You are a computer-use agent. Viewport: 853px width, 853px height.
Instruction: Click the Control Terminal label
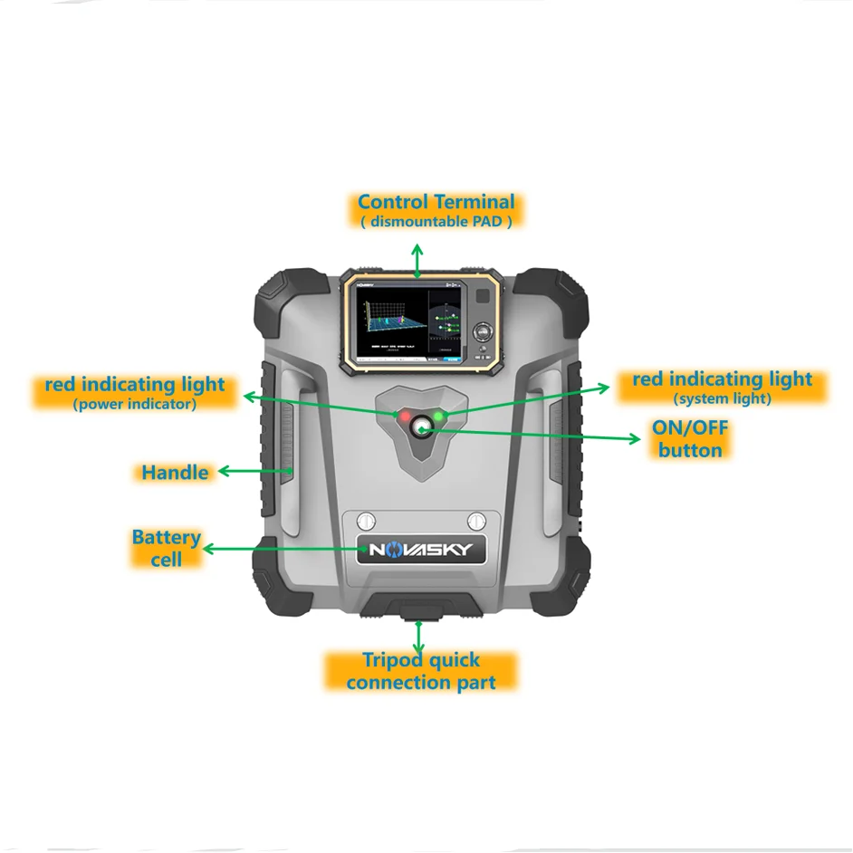tap(436, 202)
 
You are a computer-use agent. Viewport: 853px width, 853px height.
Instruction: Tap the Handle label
tap(175, 472)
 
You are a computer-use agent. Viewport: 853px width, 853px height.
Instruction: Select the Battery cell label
tap(167, 548)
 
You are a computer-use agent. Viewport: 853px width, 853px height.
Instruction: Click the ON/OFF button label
tap(691, 438)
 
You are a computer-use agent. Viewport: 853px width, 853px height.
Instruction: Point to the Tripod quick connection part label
tap(421, 671)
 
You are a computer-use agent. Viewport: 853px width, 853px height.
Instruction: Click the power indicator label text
tap(134, 405)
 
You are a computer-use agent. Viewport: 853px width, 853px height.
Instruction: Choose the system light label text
tap(722, 398)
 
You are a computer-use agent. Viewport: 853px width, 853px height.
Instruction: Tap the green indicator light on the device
tap(441, 416)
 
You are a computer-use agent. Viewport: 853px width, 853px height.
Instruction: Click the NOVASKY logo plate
tap(420, 549)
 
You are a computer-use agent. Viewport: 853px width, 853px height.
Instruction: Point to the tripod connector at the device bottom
tap(419, 612)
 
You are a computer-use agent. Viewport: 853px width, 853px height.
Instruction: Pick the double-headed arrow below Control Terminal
tap(417, 260)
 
